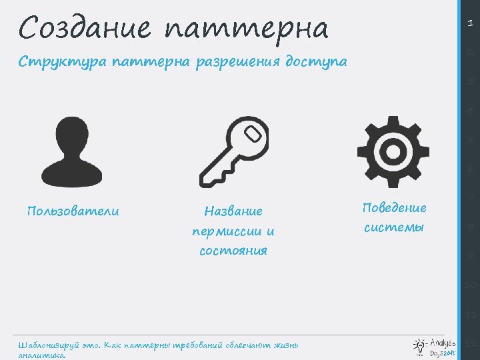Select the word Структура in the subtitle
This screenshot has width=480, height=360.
(57, 62)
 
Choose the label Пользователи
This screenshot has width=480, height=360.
(73, 211)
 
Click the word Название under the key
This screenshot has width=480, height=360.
(233, 211)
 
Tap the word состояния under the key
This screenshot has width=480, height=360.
(233, 251)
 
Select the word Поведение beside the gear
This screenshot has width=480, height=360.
(394, 207)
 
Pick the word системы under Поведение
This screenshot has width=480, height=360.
(394, 227)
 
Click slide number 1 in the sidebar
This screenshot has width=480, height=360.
(470, 23)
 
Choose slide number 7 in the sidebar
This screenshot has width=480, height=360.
(470, 198)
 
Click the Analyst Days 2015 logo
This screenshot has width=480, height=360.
(435, 345)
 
